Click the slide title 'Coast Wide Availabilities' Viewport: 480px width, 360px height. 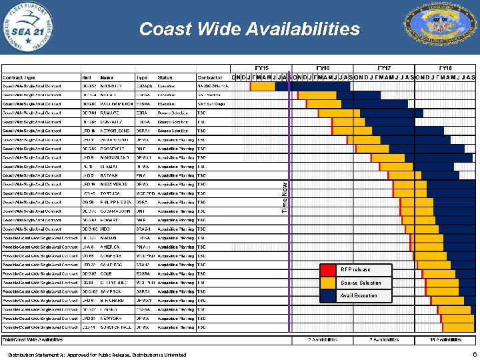coord(249,29)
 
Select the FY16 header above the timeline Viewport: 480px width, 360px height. coord(322,68)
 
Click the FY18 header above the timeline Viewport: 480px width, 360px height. coord(445,68)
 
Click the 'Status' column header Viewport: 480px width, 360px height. coord(165,77)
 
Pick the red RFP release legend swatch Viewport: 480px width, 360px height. coord(329,270)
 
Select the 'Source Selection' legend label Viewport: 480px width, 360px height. coord(361,283)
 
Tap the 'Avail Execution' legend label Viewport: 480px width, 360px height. coord(359,295)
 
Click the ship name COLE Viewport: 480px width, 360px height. coord(107,273)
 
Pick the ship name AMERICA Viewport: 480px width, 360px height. coord(111,247)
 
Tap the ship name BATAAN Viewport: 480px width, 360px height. coord(109,175)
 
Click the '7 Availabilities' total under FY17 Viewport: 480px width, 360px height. coord(384,340)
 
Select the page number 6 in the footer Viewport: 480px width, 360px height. coord(473,355)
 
